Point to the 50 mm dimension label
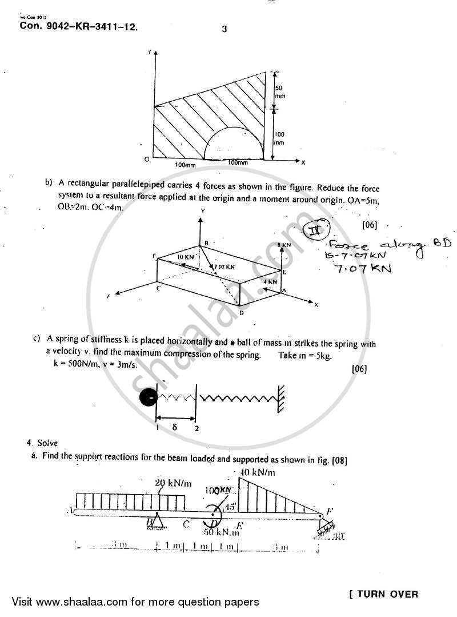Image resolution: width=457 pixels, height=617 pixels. (280, 91)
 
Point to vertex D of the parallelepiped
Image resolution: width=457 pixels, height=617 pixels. (242, 312)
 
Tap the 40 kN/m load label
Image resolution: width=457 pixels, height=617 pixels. (258, 472)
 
